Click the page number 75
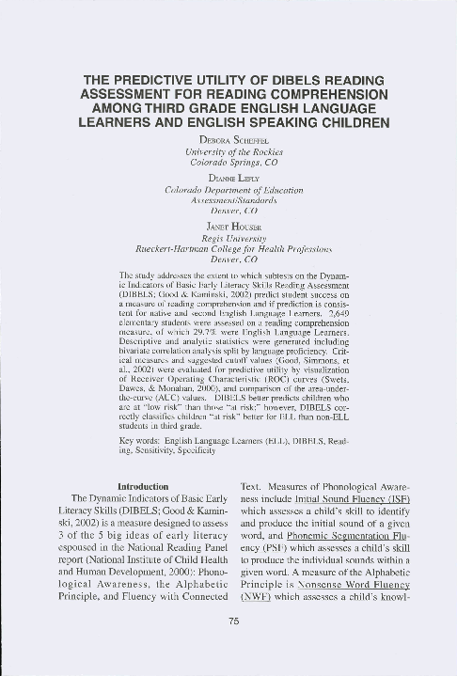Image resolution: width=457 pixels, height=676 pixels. [228, 620]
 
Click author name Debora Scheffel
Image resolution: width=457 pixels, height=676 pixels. [229, 141]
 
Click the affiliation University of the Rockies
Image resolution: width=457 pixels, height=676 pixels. [229, 151]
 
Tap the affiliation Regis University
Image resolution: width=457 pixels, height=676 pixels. [229, 239]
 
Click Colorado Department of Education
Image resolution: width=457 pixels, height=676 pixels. [229, 188]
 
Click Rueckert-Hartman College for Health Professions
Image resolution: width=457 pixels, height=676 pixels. [229, 249]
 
